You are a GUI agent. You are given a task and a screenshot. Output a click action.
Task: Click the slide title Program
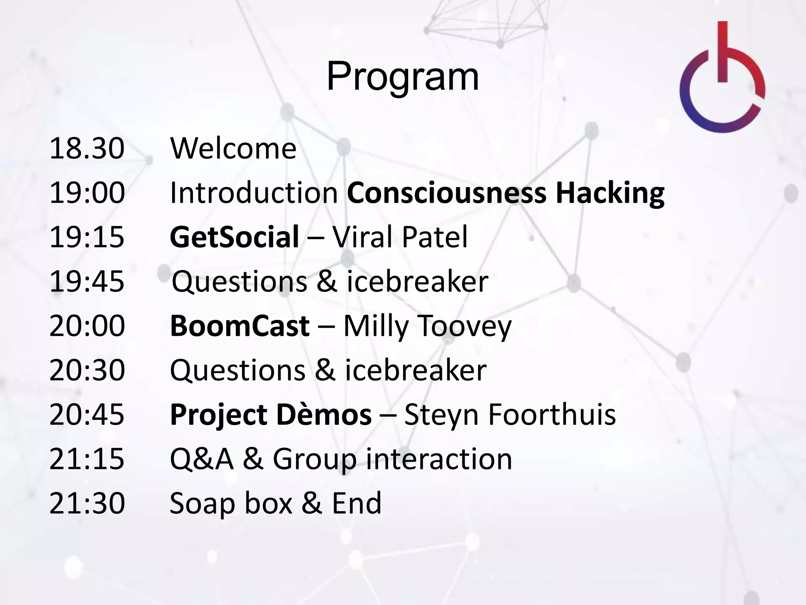403,77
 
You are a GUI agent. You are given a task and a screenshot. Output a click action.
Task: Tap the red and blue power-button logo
722,79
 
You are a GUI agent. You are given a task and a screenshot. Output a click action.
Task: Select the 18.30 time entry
87,148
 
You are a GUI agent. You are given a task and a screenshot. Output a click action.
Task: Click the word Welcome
233,148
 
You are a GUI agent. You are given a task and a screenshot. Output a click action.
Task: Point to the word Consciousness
447,193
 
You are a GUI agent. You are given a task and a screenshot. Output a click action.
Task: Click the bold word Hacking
610,193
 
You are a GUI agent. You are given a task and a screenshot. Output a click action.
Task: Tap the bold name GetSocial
235,237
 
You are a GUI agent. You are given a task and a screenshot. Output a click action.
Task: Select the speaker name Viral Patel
400,237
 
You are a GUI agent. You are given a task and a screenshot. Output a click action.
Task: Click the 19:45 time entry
87,282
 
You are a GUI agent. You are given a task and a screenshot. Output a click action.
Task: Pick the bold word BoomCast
240,326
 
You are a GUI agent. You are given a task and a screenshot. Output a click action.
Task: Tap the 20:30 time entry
87,370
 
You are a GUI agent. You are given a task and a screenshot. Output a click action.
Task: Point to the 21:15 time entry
87,459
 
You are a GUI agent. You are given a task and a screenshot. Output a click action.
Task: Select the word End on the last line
357,503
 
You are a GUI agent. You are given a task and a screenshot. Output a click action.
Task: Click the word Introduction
254,193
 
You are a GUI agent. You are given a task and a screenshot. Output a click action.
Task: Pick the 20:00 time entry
87,326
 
